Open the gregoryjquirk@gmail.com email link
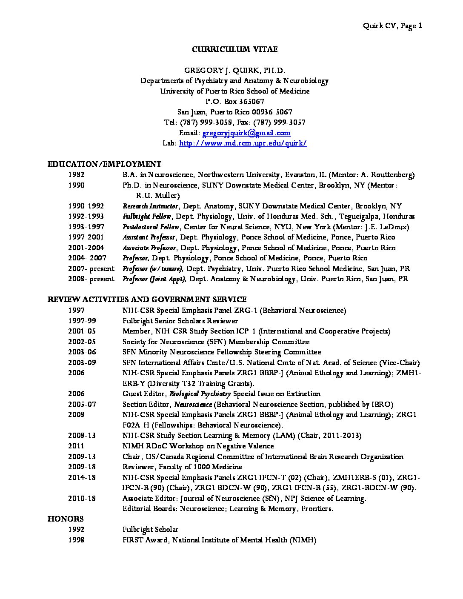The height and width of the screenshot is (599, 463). [246, 133]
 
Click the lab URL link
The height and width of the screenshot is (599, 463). [243, 143]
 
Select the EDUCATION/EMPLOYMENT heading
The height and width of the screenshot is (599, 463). [104, 164]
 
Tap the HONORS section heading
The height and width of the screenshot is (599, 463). [65, 519]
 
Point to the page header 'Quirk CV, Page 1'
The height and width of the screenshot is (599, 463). [392, 26]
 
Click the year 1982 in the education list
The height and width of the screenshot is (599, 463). [76, 174]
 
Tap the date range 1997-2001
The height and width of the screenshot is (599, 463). [86, 237]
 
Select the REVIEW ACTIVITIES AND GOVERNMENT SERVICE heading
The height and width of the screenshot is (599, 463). [147, 300]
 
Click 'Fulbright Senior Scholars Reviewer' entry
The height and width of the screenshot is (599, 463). [180, 321]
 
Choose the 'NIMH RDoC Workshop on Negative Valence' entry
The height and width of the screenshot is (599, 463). [198, 446]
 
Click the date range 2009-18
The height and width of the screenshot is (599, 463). [82, 467]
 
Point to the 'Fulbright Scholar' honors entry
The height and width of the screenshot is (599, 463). [150, 530]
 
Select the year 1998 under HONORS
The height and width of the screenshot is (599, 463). [76, 540]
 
